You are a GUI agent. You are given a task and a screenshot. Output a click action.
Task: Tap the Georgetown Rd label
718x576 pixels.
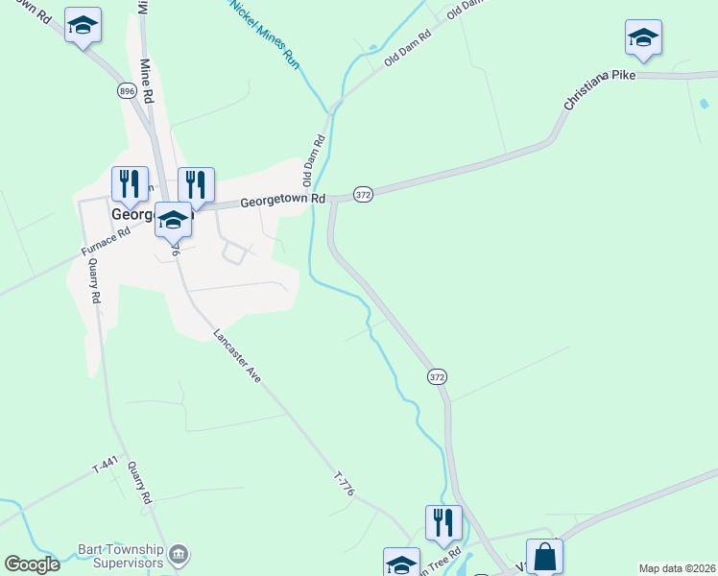tap(283, 200)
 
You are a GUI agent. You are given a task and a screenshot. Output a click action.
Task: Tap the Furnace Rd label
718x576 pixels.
tap(106, 242)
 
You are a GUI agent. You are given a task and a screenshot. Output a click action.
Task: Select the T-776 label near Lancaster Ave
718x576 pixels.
tap(345, 484)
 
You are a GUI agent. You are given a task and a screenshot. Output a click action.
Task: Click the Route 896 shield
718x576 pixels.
tap(127, 90)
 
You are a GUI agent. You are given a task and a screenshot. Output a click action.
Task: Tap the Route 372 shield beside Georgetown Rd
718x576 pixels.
tap(362, 194)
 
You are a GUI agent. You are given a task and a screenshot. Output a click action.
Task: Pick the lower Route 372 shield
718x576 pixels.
tap(438, 377)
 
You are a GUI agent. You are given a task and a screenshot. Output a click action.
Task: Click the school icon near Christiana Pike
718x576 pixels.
tap(643, 38)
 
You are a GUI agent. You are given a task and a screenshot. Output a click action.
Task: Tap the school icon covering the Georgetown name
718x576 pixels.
tap(173, 220)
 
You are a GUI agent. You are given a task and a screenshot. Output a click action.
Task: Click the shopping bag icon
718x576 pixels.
tap(544, 556)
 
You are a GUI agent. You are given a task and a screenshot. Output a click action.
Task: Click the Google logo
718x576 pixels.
tap(33, 564)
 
